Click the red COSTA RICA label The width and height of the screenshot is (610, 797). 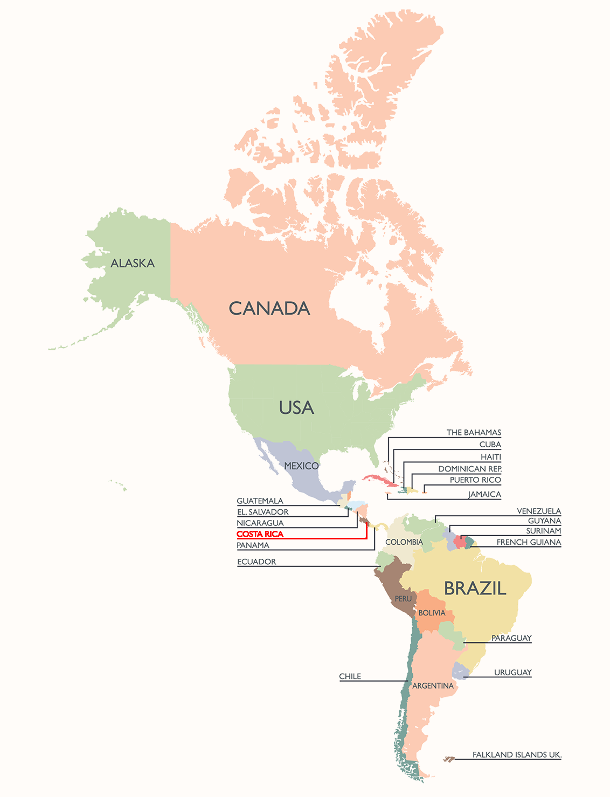pos(260,534)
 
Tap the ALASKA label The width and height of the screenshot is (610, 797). pos(133,263)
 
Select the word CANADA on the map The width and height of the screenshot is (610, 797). pos(269,308)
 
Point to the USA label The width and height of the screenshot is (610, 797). pos(296,408)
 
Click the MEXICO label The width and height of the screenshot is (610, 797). pos(301,466)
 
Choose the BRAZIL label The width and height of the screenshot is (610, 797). pos(475,588)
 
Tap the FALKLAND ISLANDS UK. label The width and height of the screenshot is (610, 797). pos(517,754)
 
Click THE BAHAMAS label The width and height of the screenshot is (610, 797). pos(474,432)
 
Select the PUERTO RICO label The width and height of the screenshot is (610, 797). pos(475,480)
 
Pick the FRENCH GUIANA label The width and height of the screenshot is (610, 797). pos(529,542)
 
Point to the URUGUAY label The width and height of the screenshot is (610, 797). pos(512,672)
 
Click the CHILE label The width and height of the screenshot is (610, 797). pos(350,676)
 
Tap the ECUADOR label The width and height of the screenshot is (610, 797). pos(257,562)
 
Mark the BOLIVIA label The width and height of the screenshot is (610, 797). pos(432,613)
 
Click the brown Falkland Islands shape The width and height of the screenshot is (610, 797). pos(448,759)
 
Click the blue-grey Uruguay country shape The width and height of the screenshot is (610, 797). pos(460,670)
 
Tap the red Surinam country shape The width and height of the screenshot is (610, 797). pos(460,540)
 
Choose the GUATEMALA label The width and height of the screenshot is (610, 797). pos(260,501)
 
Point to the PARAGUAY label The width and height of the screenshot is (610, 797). pos(511,638)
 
